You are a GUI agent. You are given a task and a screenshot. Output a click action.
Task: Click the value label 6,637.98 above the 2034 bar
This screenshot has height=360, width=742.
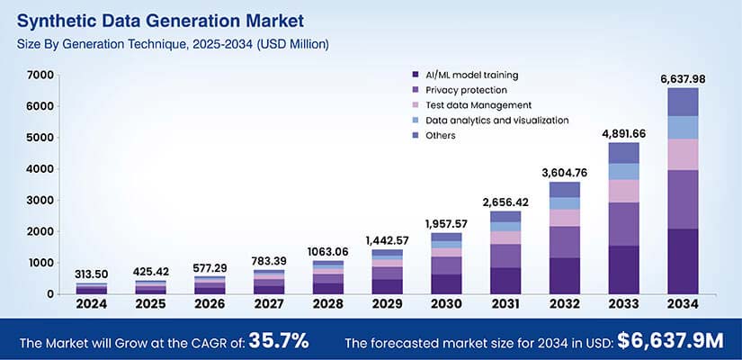click(682, 79)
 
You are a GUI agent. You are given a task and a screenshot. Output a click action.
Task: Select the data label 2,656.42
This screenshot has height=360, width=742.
click(505, 202)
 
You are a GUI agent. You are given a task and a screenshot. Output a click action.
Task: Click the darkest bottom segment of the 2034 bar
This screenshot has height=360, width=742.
click(682, 261)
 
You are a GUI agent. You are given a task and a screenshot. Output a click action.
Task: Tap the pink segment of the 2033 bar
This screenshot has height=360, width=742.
click(623, 191)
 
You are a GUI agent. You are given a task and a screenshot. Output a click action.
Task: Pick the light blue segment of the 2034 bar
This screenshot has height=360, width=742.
click(682, 127)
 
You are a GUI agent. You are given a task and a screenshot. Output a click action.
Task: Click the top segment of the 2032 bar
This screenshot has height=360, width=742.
click(564, 189)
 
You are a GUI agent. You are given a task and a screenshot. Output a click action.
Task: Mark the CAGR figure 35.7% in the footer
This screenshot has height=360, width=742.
click(279, 341)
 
